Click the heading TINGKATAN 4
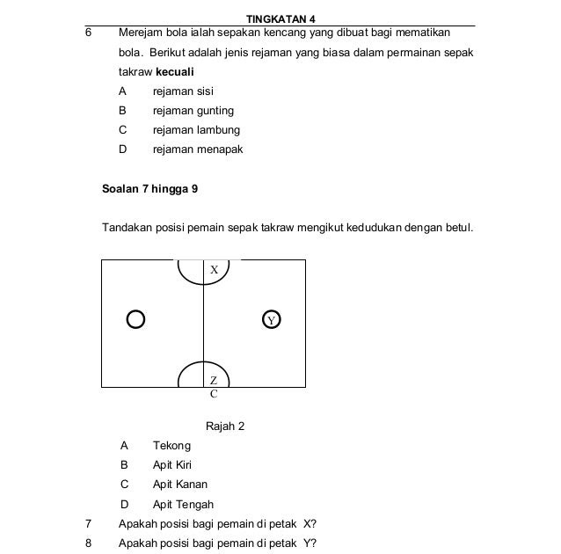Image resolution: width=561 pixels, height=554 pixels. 280,19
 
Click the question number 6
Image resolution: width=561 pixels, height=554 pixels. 88,33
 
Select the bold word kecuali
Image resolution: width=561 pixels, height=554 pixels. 175,71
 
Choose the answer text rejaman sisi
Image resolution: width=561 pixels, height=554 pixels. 183,91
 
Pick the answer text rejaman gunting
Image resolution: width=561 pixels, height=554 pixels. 193,111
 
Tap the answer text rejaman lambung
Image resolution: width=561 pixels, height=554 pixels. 196,130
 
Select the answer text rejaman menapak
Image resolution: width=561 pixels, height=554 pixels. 198,149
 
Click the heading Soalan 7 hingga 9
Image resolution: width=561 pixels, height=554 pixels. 150,188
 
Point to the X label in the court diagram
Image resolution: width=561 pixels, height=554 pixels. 214,271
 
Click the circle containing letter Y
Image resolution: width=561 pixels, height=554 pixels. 272,319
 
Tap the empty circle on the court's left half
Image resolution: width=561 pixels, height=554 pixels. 135,318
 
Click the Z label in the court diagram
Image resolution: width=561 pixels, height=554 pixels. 214,380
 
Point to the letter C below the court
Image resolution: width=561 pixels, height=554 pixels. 214,395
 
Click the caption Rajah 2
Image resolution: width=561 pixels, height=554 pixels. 224,426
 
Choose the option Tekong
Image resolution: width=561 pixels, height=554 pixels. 171,446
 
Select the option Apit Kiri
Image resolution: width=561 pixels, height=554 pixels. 172,465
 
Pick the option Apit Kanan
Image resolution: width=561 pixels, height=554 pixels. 180,485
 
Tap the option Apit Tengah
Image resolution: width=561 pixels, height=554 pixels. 183,505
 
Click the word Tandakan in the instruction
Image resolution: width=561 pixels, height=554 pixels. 129,228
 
